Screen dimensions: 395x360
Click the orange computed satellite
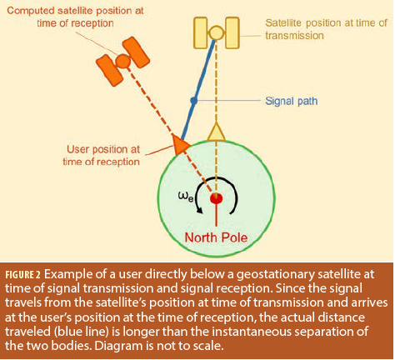point(122,61)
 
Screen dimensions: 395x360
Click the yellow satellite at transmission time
point(216,32)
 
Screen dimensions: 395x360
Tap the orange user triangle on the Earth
point(180,143)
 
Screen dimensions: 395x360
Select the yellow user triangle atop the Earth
point(216,132)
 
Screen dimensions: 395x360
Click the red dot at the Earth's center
point(216,198)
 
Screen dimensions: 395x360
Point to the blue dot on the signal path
point(194,101)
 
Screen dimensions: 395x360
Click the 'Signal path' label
point(291,101)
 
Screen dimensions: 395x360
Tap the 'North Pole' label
point(216,237)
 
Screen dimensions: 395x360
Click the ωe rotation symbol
point(186,197)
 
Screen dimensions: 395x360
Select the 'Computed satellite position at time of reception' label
point(75,17)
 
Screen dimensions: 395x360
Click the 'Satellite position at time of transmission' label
point(326,29)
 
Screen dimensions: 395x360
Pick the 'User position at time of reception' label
point(102,156)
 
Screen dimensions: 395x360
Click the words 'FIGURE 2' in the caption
point(23,275)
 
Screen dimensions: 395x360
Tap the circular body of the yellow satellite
point(216,32)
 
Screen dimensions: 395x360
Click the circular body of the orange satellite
point(122,61)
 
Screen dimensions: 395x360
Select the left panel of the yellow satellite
point(200,32)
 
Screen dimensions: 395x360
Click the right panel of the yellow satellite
point(232,32)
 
